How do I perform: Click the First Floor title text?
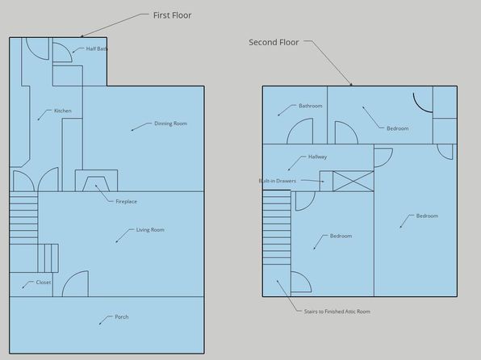pos(172,15)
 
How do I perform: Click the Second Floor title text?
pos(274,42)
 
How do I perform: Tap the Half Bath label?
pos(97,48)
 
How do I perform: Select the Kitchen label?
pos(63,111)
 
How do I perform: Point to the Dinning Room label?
pos(170,123)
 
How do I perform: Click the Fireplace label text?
pos(127,202)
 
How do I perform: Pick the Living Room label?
pos(150,230)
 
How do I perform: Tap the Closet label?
pos(44,283)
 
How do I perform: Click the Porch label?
pos(122,316)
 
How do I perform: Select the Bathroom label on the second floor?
pos(311,106)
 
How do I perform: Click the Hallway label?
pos(317,157)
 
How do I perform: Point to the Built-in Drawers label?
pos(278,181)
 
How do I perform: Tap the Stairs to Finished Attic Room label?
pos(337,312)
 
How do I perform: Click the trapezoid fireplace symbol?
pos(96,184)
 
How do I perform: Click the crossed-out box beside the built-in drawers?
pos(353,182)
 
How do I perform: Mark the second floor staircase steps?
pos(277,228)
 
